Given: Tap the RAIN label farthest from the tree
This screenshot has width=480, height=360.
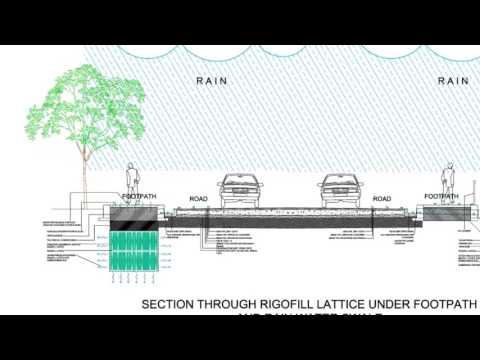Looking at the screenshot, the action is click(453, 80).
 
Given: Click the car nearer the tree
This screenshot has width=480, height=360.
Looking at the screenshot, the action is click(237, 191).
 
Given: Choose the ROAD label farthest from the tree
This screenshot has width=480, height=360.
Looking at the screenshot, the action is click(381, 199).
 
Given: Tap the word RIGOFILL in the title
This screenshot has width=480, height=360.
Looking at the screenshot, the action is click(285, 302).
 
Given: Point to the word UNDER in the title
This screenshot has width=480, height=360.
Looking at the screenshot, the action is click(400, 302).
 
